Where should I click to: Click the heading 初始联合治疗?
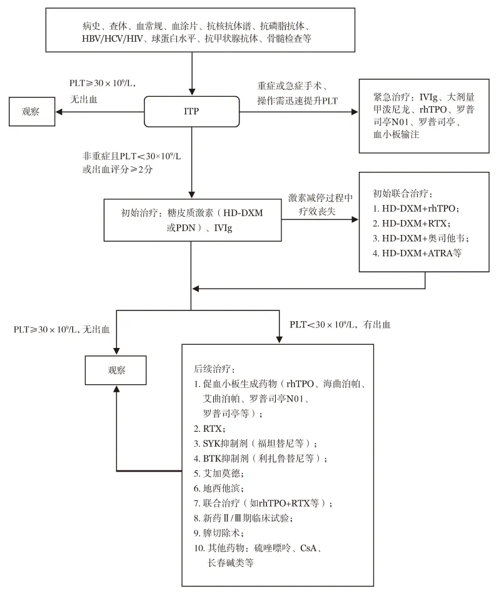[x=403, y=194]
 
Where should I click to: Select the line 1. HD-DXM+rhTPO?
[x=416, y=208]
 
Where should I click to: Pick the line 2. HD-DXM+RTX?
[x=411, y=223]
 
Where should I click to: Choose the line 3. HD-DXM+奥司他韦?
[x=421, y=238]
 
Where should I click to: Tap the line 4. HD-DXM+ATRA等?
[x=417, y=253]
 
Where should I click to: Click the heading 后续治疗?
[x=214, y=369]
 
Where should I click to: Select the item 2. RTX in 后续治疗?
[x=209, y=429]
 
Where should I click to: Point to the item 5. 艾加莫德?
[x=218, y=473]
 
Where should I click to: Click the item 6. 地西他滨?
[x=218, y=488]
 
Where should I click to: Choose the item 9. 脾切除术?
[x=218, y=533]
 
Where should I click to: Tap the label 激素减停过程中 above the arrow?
[x=320, y=197]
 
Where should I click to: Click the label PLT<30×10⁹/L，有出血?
[x=340, y=325]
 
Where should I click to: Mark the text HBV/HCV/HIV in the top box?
[x=113, y=38]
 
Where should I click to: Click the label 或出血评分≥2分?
[x=118, y=169]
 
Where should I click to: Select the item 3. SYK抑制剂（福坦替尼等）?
[x=255, y=443]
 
